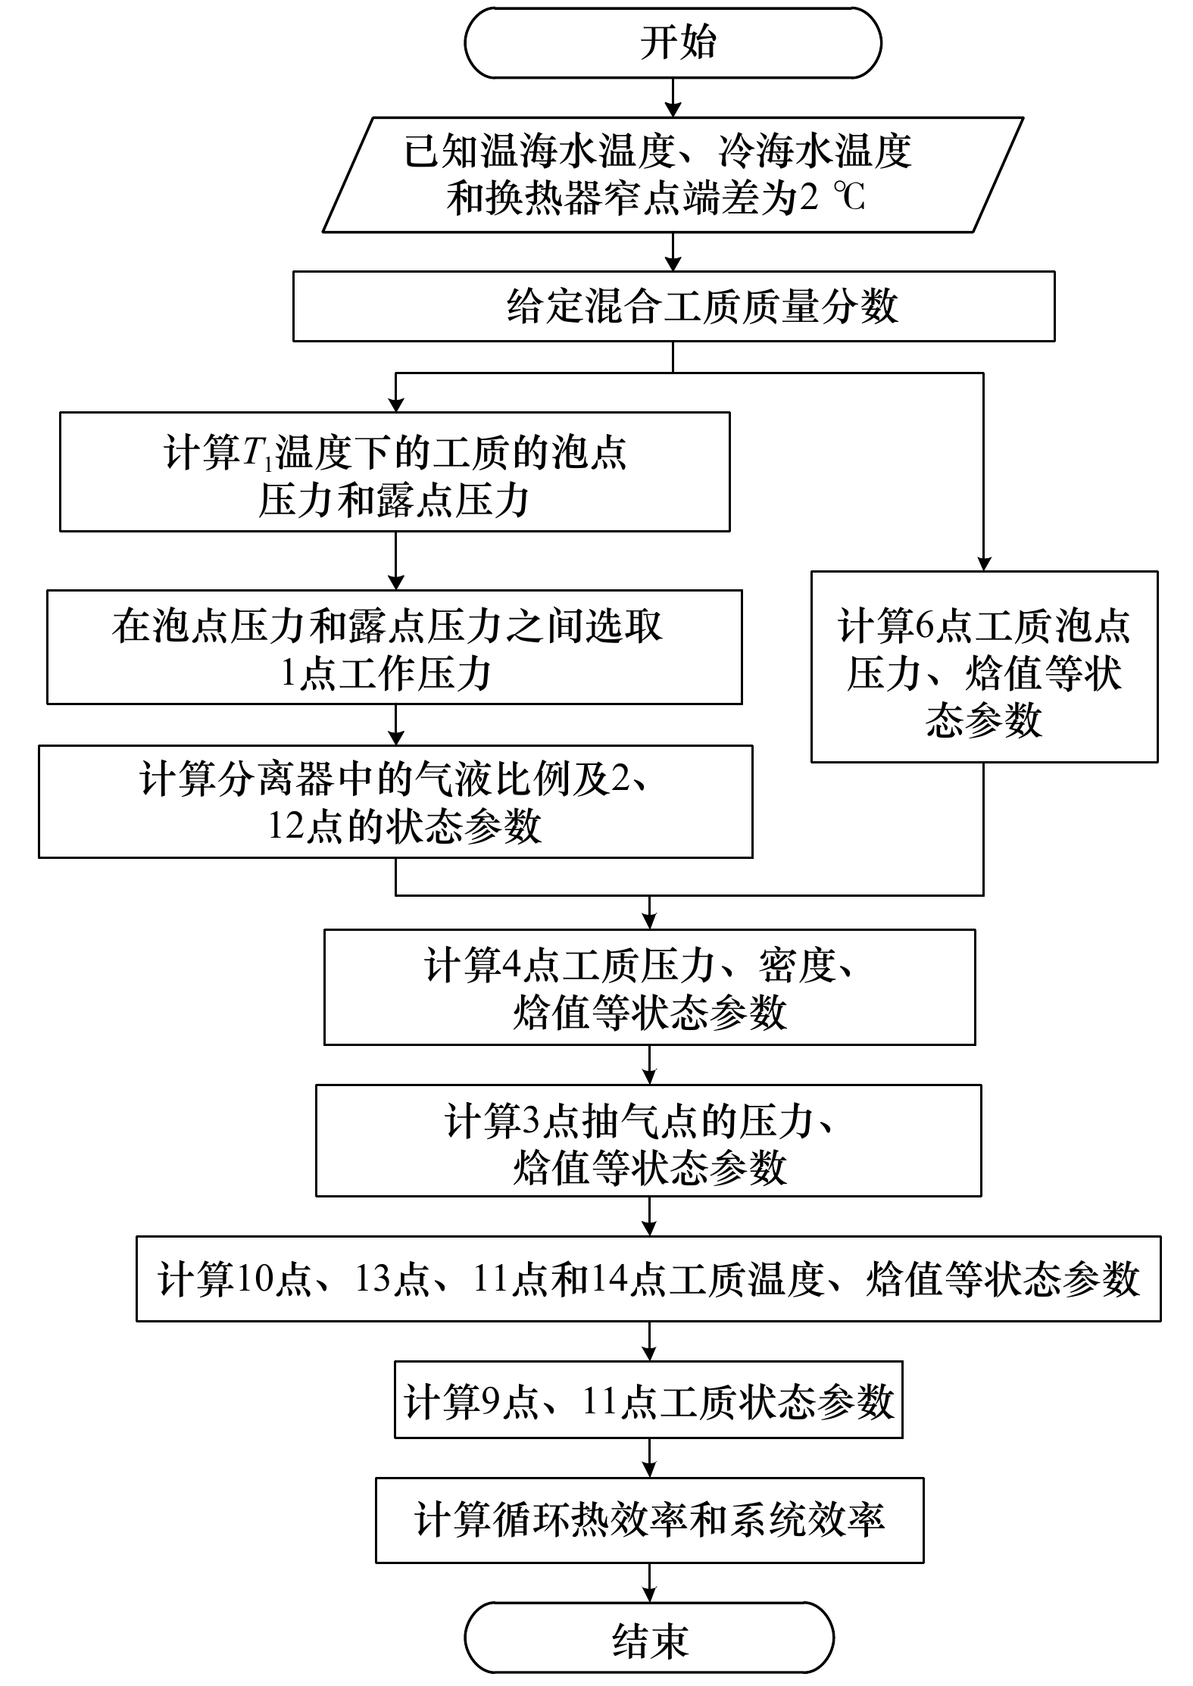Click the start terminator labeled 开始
click(673, 43)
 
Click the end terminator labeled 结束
click(649, 1637)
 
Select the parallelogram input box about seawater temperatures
click(673, 174)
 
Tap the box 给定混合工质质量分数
click(674, 307)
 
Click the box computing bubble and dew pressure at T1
click(395, 472)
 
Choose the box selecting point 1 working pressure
click(395, 648)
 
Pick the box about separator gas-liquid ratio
click(395, 801)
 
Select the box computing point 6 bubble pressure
click(984, 667)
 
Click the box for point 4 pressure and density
click(650, 988)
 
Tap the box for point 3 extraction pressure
click(648, 1141)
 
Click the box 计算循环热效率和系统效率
click(650, 1520)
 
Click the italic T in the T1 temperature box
click(252, 453)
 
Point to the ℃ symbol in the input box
click(848, 198)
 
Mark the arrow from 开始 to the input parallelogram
click(673, 97)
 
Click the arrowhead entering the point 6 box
click(984, 564)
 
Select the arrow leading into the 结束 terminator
click(649, 1582)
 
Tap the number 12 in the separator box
click(286, 826)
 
